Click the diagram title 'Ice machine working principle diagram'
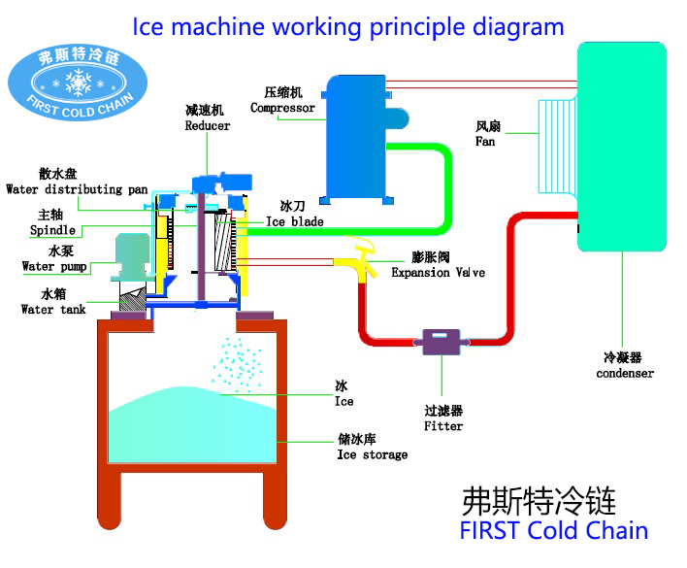pyautogui.click(x=347, y=25)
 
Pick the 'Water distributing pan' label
pyautogui.click(x=77, y=189)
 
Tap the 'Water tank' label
pyautogui.click(x=53, y=310)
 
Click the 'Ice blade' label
pyautogui.click(x=294, y=222)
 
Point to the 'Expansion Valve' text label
pyautogui.click(x=438, y=273)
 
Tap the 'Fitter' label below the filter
pyautogui.click(x=443, y=425)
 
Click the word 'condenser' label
pyautogui.click(x=624, y=373)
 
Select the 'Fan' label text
pyautogui.click(x=485, y=142)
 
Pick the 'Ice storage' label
pyautogui.click(x=372, y=454)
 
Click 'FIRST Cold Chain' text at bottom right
pyautogui.click(x=553, y=530)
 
